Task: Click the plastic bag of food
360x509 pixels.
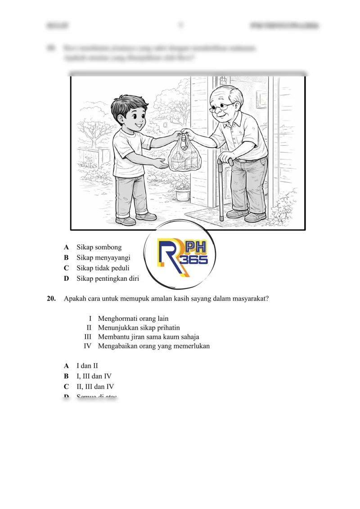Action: click(184, 155)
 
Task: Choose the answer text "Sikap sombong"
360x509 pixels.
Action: click(99, 247)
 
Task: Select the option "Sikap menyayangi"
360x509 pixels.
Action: click(103, 257)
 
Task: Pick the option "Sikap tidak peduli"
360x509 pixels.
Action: click(103, 268)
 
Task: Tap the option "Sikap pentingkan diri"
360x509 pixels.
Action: click(108, 279)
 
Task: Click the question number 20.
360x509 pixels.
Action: click(51, 298)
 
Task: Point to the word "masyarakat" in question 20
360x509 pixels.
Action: click(250, 298)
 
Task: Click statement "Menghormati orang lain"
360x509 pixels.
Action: click(133, 318)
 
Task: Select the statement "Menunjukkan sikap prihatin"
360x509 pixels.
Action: click(139, 328)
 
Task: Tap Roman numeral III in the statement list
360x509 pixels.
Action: click(88, 337)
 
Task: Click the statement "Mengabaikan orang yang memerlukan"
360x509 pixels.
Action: click(153, 346)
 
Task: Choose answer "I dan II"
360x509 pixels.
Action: click(87, 366)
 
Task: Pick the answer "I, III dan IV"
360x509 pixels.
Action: click(94, 376)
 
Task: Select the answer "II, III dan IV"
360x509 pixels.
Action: click(95, 386)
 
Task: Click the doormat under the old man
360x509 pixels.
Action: click(211, 214)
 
